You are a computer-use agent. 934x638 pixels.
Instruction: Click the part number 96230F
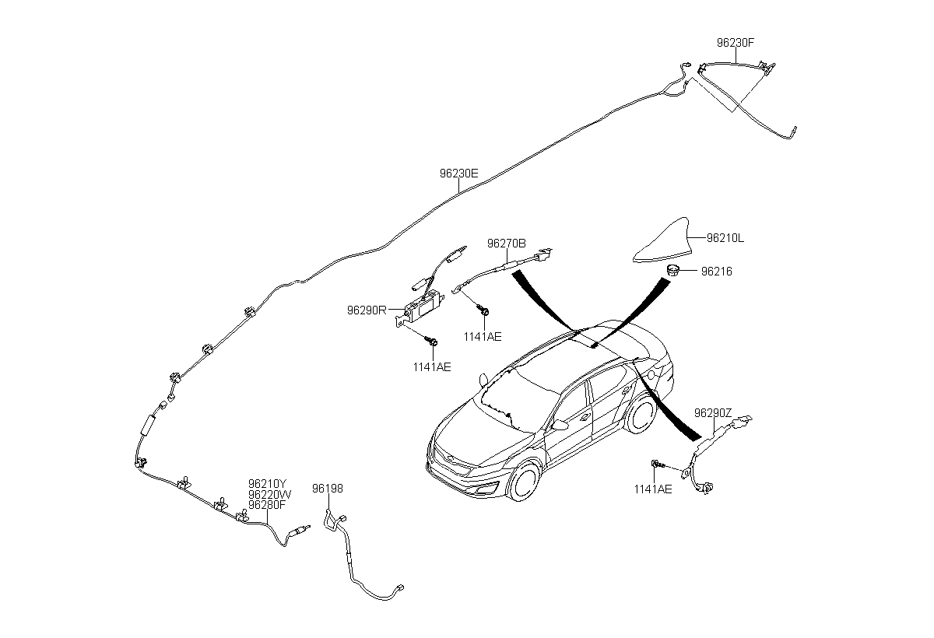tap(736, 43)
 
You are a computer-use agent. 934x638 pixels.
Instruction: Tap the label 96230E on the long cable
tap(458, 173)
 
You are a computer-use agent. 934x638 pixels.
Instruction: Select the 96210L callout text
tap(725, 238)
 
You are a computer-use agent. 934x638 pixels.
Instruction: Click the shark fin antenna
tap(663, 242)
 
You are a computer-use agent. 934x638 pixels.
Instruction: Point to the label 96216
tap(716, 272)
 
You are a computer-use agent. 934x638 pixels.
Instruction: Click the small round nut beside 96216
tap(672, 270)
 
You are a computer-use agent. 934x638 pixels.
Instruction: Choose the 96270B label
tap(507, 243)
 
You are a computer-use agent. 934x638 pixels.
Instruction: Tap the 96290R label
tap(367, 310)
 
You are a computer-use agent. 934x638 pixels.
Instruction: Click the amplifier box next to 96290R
tap(423, 306)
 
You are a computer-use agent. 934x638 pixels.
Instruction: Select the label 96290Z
tap(713, 412)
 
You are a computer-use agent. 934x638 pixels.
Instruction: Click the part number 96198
tap(328, 489)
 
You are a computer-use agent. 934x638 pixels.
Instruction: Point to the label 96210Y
tap(267, 484)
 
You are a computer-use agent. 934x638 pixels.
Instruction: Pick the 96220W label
tap(270, 495)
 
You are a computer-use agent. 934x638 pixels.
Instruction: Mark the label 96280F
tap(267, 505)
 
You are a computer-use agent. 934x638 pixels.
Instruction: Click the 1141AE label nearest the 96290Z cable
tap(653, 489)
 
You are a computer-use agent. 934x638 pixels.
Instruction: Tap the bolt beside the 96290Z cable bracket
tap(657, 464)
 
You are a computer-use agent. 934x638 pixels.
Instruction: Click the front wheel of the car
tap(524, 482)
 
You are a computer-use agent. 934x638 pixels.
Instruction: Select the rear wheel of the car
tap(642, 415)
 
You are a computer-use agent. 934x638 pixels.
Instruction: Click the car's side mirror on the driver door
tap(560, 425)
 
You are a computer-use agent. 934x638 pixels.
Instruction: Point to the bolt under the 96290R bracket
tap(431, 342)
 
